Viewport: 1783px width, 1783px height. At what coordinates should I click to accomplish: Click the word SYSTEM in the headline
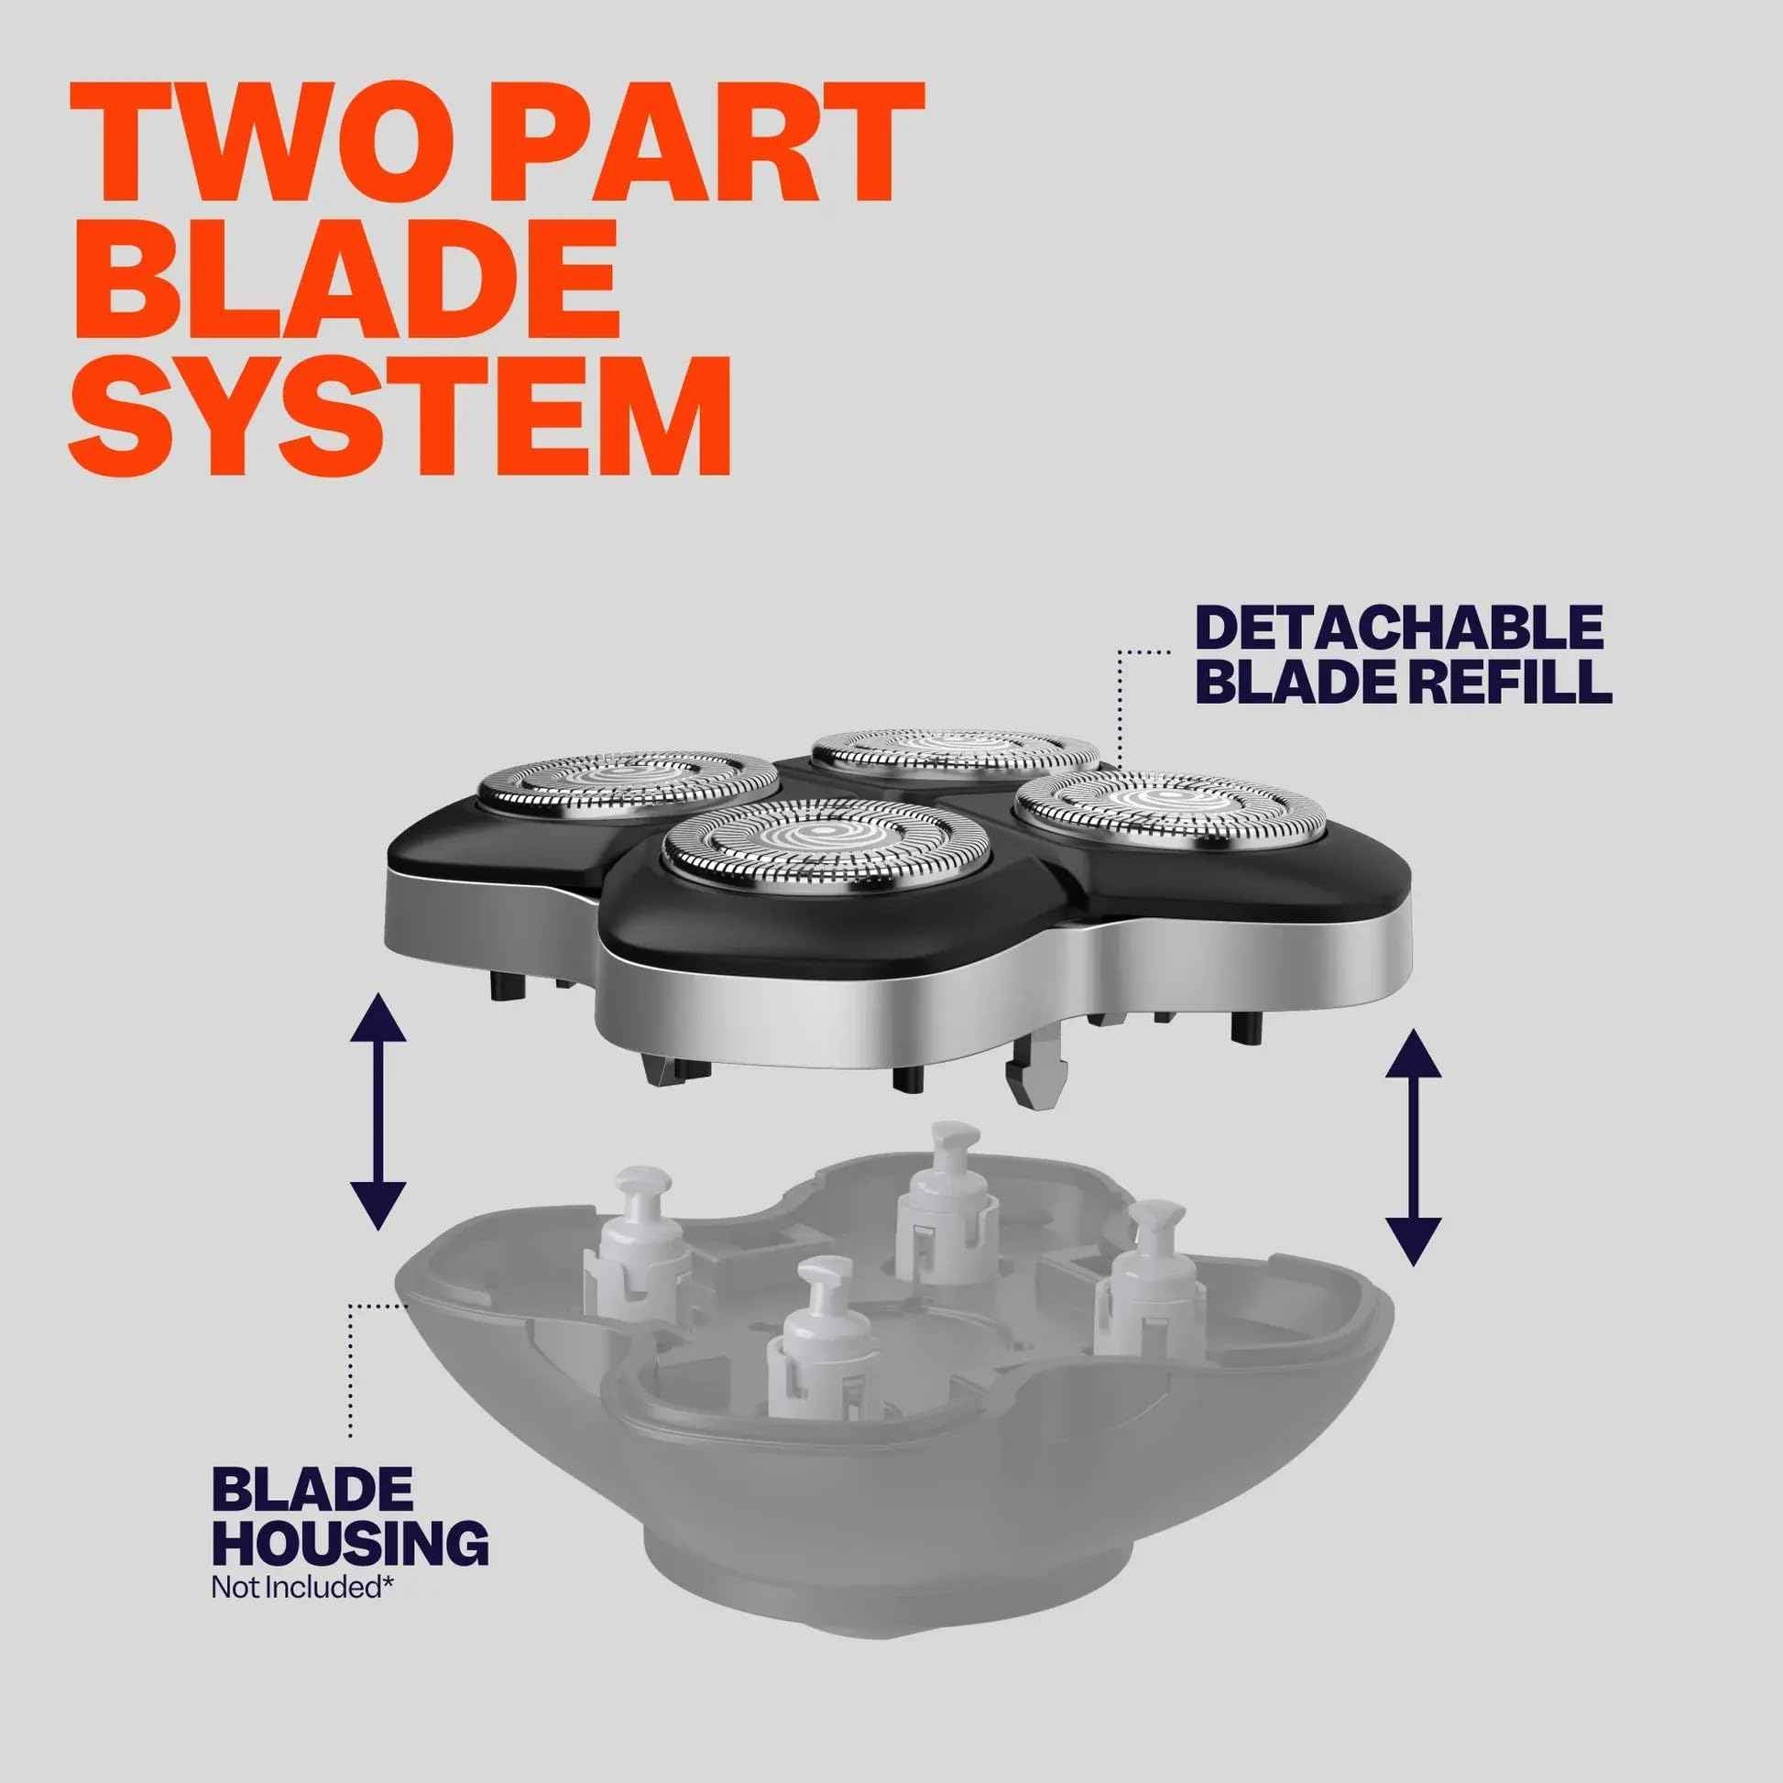[x=400, y=410]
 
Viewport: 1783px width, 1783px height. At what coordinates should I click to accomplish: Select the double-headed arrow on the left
[x=378, y=1112]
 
